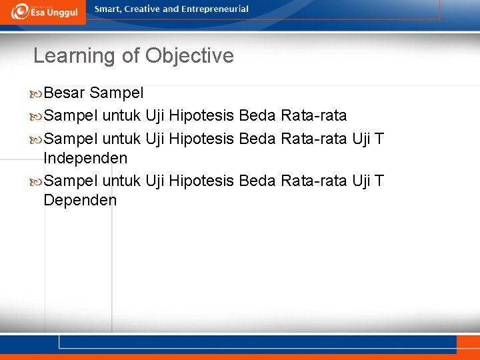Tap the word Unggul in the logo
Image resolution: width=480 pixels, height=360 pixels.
(61, 13)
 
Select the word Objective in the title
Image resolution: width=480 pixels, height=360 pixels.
(189, 55)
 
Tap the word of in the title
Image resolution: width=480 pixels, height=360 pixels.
(131, 55)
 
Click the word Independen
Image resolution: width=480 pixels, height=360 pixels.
(85, 159)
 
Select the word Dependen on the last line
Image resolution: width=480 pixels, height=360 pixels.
(79, 200)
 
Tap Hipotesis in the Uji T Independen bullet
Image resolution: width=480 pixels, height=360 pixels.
(201, 139)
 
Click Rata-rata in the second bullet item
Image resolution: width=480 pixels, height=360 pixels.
(314, 116)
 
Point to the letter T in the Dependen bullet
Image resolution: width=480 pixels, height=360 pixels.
(379, 180)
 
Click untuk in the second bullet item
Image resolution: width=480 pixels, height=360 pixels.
(121, 116)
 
